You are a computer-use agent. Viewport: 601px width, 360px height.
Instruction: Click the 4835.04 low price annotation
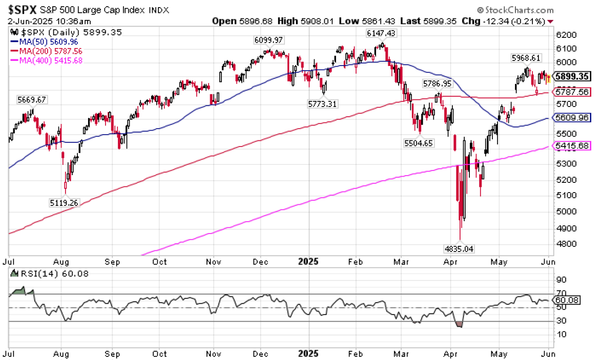tap(460, 248)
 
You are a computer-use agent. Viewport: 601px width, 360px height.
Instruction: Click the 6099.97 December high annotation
tap(268, 40)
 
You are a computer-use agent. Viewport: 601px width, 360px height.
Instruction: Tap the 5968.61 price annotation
tap(526, 57)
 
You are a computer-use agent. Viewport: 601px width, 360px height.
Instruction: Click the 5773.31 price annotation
tap(322, 103)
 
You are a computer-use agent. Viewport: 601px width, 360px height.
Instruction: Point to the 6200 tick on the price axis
tap(565, 35)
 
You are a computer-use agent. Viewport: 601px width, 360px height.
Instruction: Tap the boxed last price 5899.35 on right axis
tap(573, 77)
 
